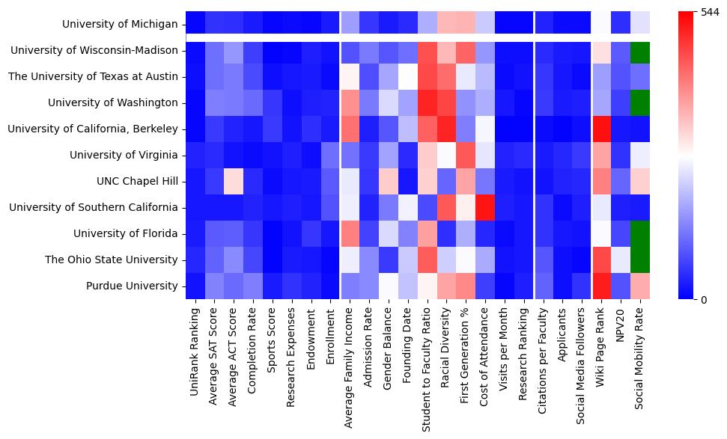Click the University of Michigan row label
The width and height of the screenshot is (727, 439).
(x=120, y=25)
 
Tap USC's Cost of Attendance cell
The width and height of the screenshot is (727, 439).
(x=485, y=207)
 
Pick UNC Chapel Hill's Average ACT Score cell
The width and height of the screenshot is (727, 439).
(x=234, y=181)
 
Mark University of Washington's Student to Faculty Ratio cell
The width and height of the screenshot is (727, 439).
(x=427, y=102)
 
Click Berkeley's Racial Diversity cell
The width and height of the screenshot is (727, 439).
(x=446, y=129)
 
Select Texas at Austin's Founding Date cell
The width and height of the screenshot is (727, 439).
(x=407, y=76)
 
